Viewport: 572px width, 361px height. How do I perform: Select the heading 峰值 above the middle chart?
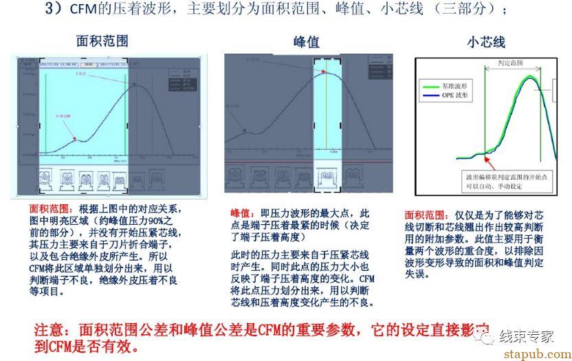(x=307, y=42)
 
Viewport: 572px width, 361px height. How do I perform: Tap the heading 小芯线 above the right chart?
(x=485, y=42)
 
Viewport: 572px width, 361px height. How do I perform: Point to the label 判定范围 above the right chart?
(x=509, y=63)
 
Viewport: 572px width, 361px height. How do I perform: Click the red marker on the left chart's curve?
(x=75, y=139)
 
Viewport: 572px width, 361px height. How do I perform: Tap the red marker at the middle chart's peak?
(x=327, y=74)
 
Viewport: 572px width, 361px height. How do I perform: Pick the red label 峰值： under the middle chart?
(x=242, y=214)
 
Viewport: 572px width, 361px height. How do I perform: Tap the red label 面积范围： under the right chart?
(x=423, y=215)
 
